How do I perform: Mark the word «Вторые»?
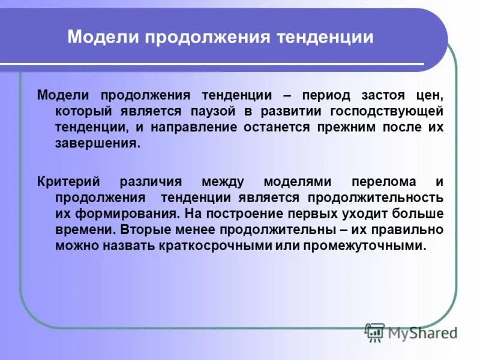pos(142,230)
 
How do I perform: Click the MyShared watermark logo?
pos(410,331)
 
